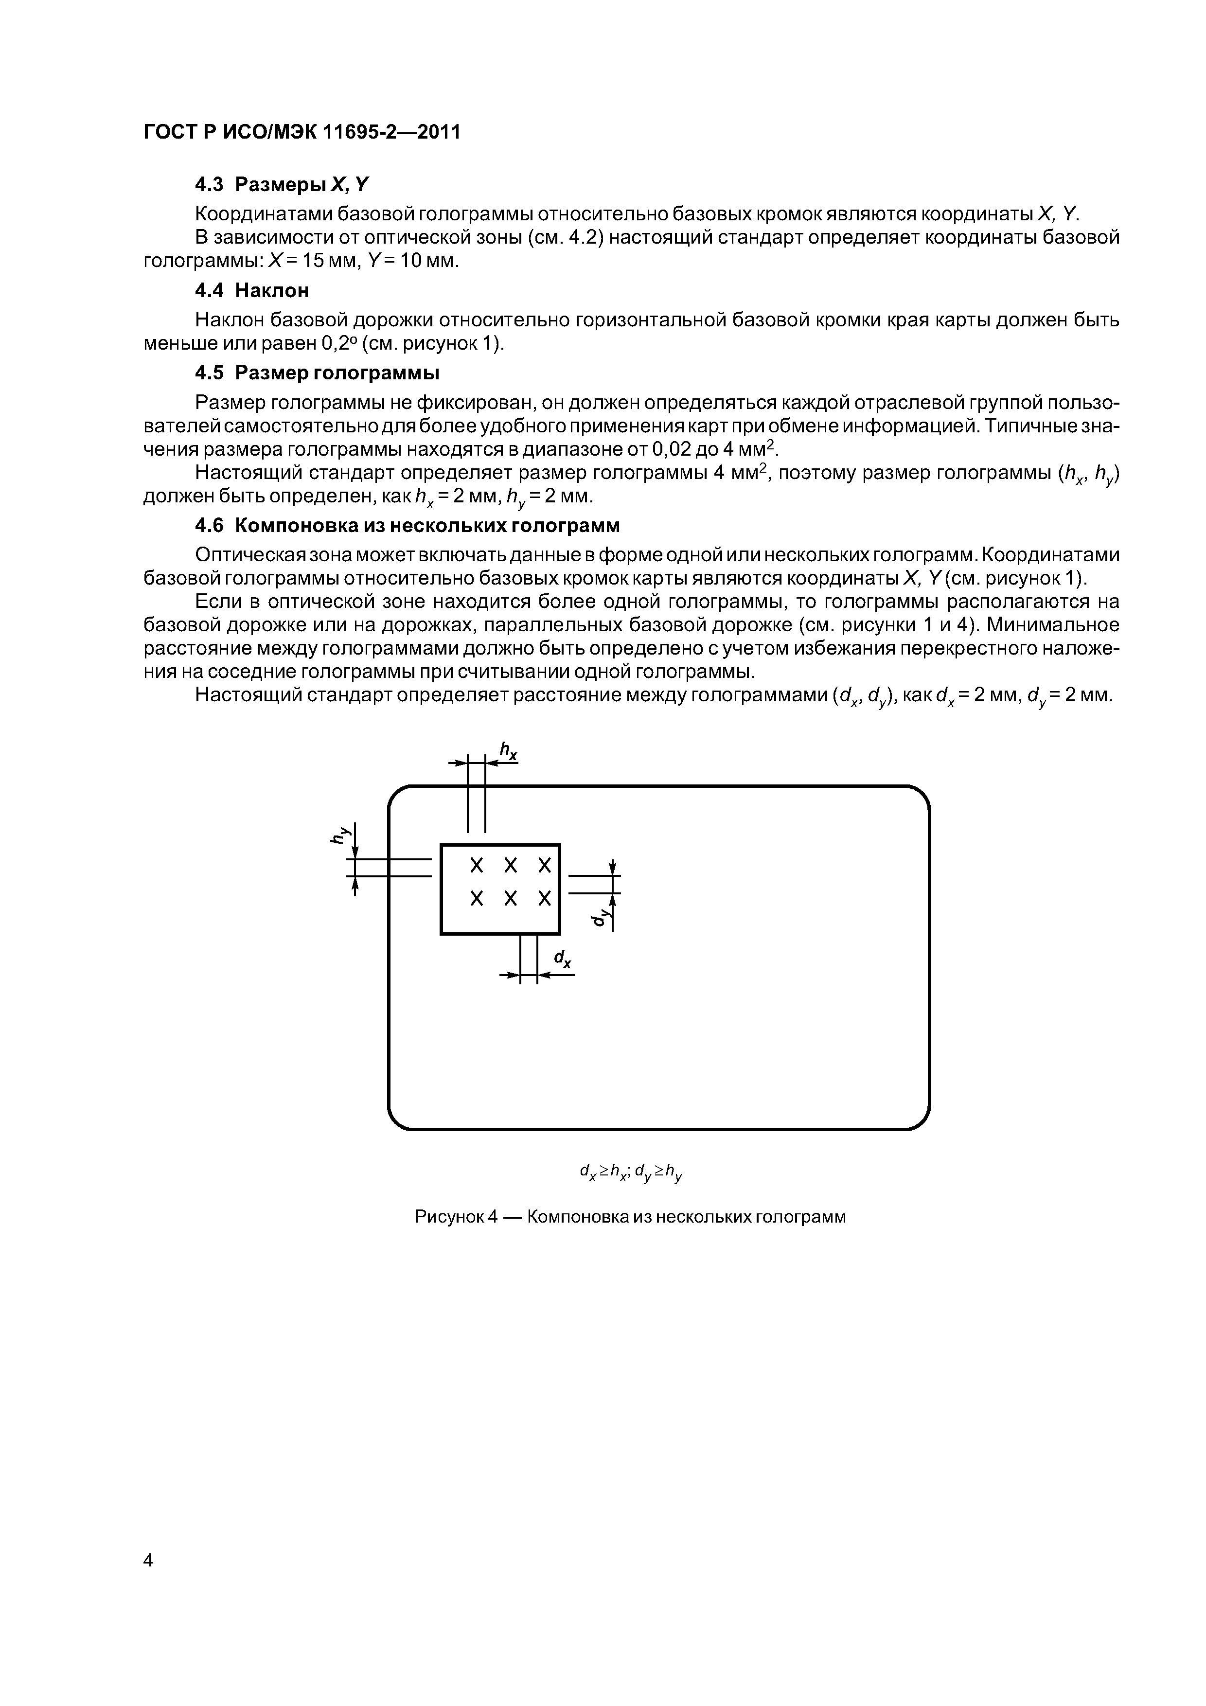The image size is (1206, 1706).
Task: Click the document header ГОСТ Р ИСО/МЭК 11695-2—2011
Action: coord(301,132)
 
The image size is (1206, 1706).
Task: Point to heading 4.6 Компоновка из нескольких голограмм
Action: coord(407,525)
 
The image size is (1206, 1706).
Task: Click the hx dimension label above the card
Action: coord(508,752)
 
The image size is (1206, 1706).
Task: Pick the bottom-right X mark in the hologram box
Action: coord(545,899)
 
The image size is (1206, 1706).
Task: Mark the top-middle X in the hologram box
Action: coord(511,866)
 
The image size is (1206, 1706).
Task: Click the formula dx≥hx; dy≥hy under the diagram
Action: coord(630,1173)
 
